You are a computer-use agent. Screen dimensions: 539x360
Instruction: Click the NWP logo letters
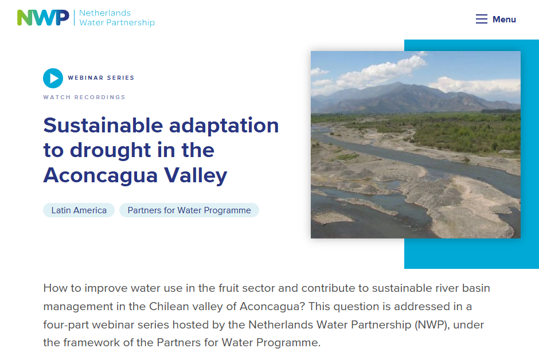pyautogui.click(x=43, y=18)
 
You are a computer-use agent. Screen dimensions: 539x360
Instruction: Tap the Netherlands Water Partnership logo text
pyautogui.click(x=117, y=18)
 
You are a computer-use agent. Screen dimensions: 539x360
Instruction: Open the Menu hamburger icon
pyautogui.click(x=481, y=19)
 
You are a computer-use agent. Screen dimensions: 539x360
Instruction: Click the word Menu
pyautogui.click(x=504, y=19)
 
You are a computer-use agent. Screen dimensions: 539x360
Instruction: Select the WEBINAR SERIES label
pyautogui.click(x=101, y=77)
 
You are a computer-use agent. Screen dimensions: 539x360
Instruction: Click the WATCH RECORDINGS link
pyautogui.click(x=84, y=97)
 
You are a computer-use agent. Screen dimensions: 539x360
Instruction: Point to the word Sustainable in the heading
pyautogui.click(x=103, y=125)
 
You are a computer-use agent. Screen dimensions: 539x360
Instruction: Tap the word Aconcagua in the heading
pyautogui.click(x=100, y=176)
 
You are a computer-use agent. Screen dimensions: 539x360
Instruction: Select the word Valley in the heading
pyautogui.click(x=196, y=176)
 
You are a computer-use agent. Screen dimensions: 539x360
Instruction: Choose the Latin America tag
pyautogui.click(x=79, y=210)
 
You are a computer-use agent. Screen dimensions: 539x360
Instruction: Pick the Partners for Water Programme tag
pyautogui.click(x=189, y=210)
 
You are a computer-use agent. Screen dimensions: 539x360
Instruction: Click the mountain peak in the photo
pyautogui.click(x=398, y=84)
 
